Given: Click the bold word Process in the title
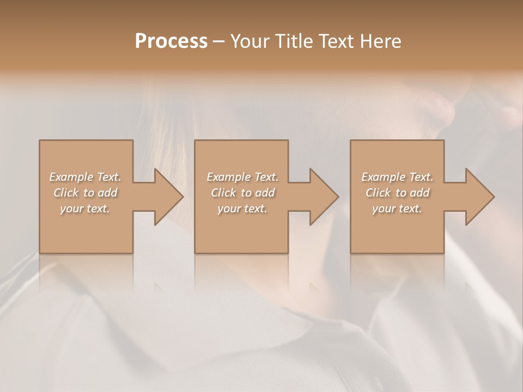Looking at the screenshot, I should tap(171, 41).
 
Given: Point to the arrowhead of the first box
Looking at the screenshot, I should tap(166, 197).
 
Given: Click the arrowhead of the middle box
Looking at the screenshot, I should tap(321, 197).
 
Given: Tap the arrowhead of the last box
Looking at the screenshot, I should tap(477, 197).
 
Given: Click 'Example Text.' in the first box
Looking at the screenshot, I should tap(85, 177).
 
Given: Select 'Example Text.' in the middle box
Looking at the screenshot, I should tap(242, 177).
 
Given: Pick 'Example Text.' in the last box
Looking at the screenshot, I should tap(397, 177).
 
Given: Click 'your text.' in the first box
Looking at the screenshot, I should tap(85, 209).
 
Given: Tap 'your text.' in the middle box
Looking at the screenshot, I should tap(242, 209).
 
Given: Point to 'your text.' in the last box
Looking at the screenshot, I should tap(397, 209).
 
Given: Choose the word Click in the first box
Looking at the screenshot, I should tap(65, 193).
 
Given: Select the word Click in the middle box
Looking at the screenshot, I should tap(223, 193).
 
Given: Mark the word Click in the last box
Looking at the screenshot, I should tap(378, 193).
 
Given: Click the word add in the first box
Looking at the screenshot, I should tap(108, 193).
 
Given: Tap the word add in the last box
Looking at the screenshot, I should tap(420, 193).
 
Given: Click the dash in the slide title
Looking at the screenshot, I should tap(219, 42).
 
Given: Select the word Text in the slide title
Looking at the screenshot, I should tap(336, 41).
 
